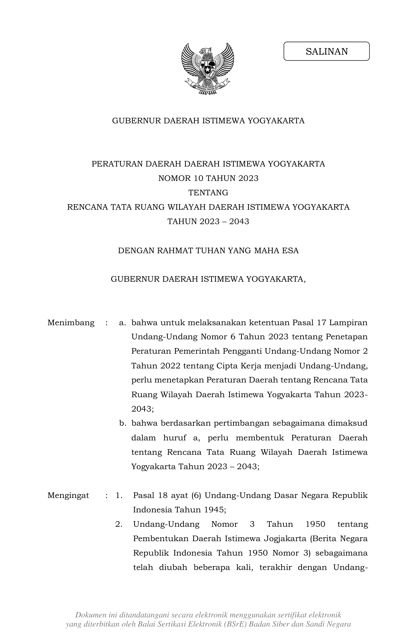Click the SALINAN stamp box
tap(326, 51)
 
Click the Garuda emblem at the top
tap(208, 69)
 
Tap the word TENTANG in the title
tap(208, 193)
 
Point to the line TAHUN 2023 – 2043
tap(208, 222)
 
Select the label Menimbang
tap(71, 323)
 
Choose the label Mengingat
tap(68, 495)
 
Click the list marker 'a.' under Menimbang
tap(122, 323)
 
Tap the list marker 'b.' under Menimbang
tap(122, 423)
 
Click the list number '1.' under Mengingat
tap(119, 495)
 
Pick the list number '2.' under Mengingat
tap(119, 524)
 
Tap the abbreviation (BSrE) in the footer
tap(235, 624)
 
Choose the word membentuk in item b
tap(260, 438)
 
